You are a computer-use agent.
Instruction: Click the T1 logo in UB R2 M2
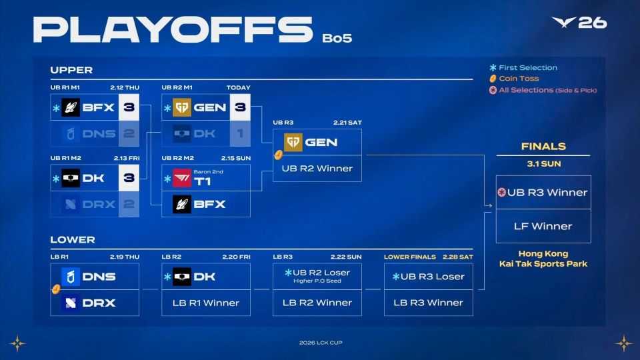pyautogui.click(x=181, y=179)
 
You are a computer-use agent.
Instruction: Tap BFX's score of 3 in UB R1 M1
pyautogui.click(x=129, y=107)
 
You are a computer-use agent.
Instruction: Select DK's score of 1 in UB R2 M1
pyautogui.click(x=240, y=133)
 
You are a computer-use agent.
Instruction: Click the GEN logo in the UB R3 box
pyautogui.click(x=293, y=143)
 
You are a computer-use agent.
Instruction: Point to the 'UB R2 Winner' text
pyautogui.click(x=317, y=169)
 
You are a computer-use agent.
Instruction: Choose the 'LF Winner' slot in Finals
pyautogui.click(x=543, y=226)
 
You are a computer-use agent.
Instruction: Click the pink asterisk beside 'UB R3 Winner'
pyautogui.click(x=501, y=192)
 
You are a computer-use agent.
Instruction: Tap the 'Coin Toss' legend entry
pyautogui.click(x=514, y=79)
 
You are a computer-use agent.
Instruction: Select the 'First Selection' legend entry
pyautogui.click(x=523, y=68)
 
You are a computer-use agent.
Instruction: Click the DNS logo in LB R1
pyautogui.click(x=71, y=277)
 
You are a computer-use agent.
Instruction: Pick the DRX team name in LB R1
pyautogui.click(x=99, y=303)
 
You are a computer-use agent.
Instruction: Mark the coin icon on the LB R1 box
pyautogui.click(x=56, y=289)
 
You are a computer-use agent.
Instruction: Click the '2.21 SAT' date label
pyautogui.click(x=347, y=123)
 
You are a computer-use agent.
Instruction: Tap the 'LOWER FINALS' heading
pyautogui.click(x=410, y=257)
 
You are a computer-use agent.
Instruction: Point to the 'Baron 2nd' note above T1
pyautogui.click(x=208, y=172)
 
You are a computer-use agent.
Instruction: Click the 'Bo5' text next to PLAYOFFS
pyautogui.click(x=337, y=38)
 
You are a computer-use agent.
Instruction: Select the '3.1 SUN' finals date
pyautogui.click(x=544, y=164)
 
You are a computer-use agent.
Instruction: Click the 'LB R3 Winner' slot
pyautogui.click(x=429, y=303)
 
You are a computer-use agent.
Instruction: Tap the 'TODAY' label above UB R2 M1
pyautogui.click(x=239, y=88)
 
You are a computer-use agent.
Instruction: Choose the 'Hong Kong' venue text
pyautogui.click(x=543, y=253)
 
